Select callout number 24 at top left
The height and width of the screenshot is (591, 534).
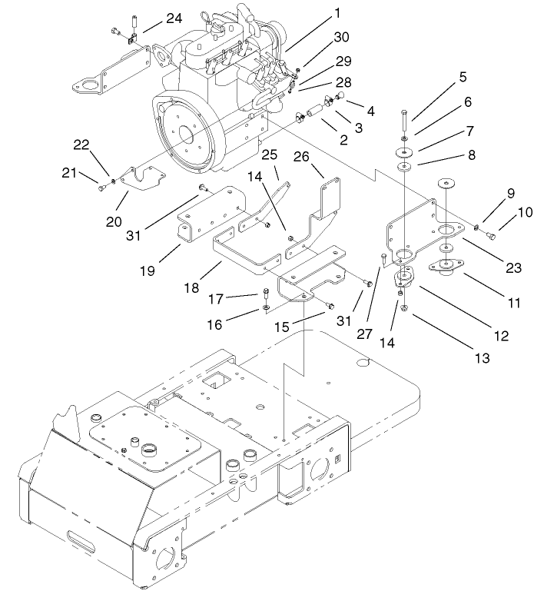pyautogui.click(x=174, y=18)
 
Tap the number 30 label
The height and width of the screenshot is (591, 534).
pyautogui.click(x=340, y=37)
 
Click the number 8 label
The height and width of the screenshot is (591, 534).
pyautogui.click(x=471, y=155)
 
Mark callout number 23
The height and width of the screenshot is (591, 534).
pyautogui.click(x=512, y=267)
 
